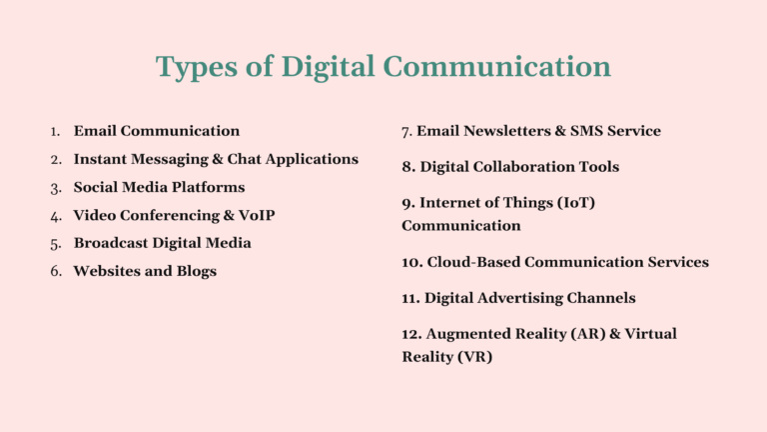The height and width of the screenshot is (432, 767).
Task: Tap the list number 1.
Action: coord(56,131)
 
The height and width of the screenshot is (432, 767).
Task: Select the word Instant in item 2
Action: coord(104,159)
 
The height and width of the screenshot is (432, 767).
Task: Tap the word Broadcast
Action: coord(112,243)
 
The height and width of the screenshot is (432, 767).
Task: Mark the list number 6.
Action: coord(56,271)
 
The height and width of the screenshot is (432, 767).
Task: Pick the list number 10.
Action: coord(411,262)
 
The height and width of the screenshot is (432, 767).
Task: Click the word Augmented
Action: coord(470,334)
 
